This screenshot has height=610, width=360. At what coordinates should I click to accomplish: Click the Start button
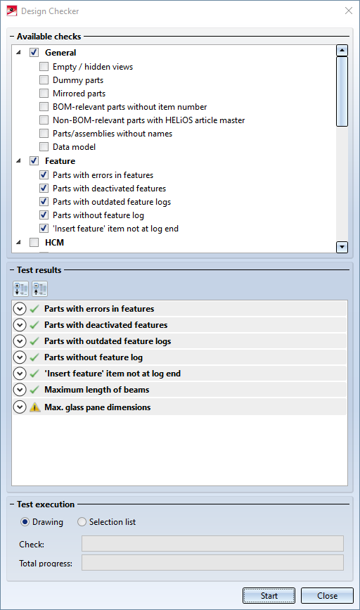[x=269, y=596]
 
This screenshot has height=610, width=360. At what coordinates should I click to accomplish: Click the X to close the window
[x=349, y=11]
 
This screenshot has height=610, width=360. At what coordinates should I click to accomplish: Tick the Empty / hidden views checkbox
[x=44, y=67]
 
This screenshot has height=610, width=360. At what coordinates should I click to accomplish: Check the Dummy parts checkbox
[x=44, y=80]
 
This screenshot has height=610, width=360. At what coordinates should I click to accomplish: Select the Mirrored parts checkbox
[x=44, y=94]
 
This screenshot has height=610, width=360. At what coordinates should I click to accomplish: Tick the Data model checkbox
[x=44, y=146]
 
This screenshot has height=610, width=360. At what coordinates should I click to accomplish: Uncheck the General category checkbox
[x=34, y=52]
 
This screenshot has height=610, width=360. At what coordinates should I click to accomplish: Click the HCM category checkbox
[x=34, y=242]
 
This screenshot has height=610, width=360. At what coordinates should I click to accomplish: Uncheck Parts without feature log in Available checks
[x=44, y=215]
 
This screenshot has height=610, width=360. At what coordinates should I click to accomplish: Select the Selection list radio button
[x=82, y=521]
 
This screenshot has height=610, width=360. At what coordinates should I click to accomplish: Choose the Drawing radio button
[x=25, y=521]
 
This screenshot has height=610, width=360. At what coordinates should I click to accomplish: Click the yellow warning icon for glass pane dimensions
[x=34, y=407]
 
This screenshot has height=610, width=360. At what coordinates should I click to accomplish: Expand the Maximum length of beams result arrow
[x=20, y=389]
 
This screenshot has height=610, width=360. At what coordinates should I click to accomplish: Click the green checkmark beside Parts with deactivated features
[x=34, y=325]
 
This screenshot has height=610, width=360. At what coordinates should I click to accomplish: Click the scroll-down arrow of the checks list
[x=342, y=247]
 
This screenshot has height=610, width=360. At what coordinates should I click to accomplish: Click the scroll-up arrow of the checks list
[x=342, y=51]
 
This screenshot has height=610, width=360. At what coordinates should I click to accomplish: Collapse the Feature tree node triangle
[x=18, y=160]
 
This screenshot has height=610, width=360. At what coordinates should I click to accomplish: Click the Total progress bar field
[x=212, y=563]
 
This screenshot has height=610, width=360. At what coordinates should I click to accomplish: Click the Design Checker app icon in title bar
[x=12, y=11]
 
